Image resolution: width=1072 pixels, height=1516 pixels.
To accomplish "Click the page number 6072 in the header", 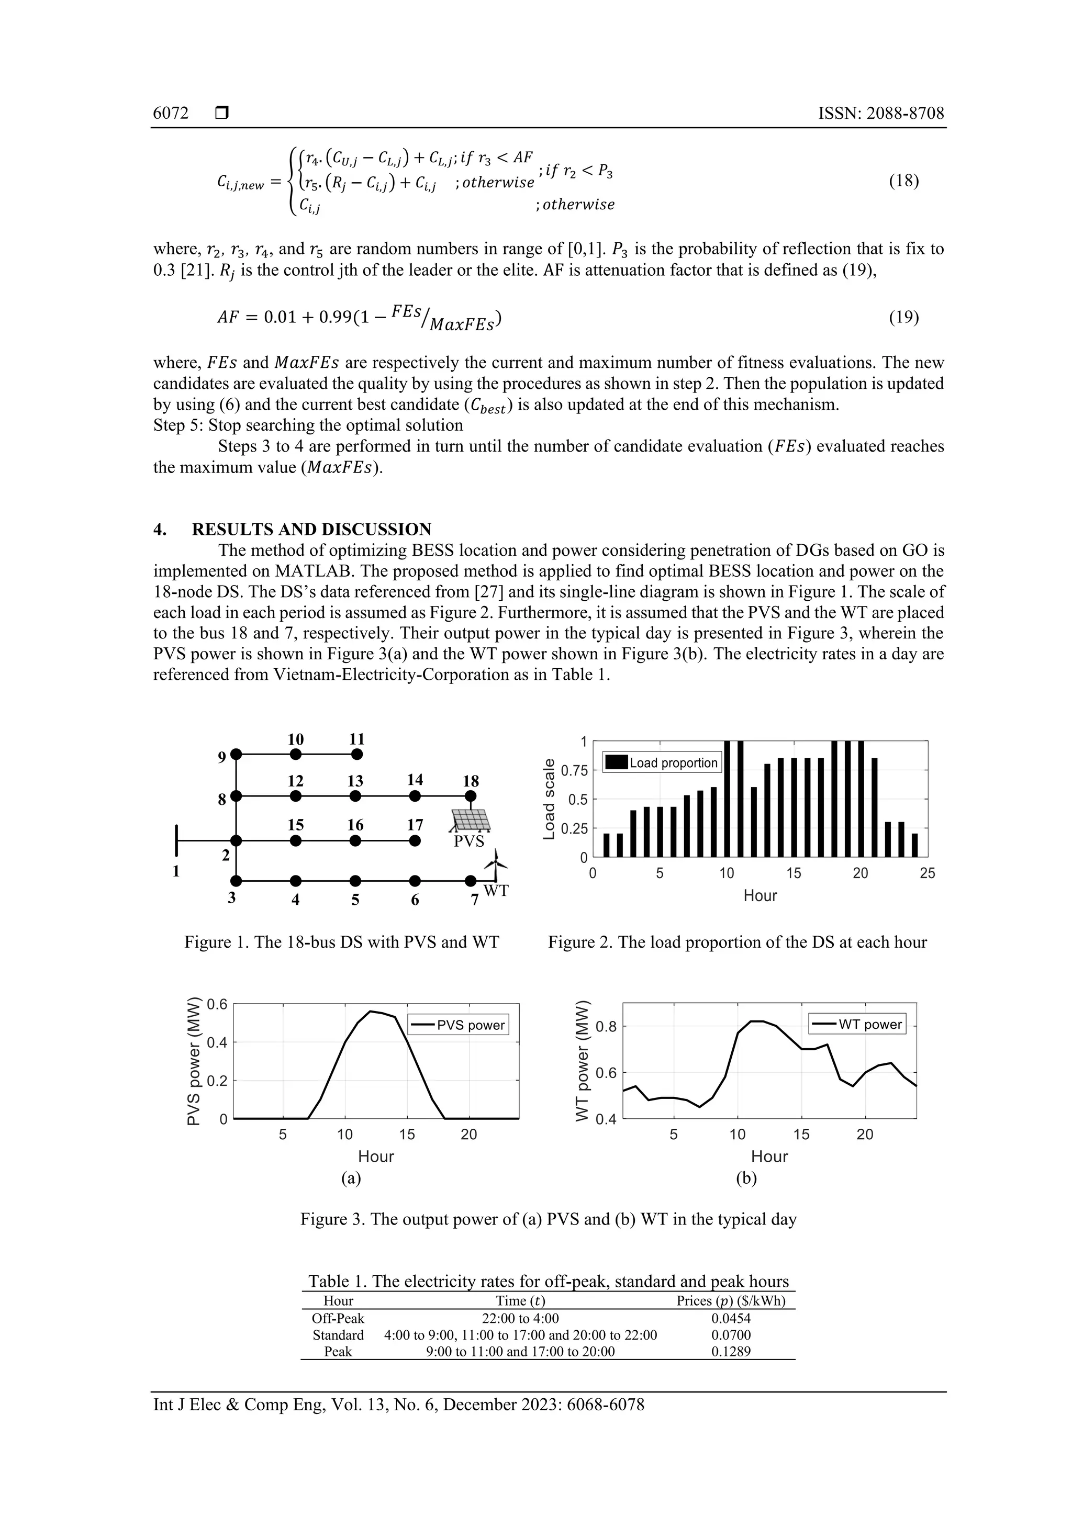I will (171, 113).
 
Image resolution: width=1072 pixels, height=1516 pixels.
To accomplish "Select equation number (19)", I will (903, 318).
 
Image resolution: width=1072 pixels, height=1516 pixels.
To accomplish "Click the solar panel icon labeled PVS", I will (471, 820).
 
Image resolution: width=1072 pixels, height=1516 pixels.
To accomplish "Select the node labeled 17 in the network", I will (415, 840).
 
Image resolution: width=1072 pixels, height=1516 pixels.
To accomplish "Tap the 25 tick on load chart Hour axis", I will (926, 873).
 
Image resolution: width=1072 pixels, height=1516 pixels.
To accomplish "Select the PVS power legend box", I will (459, 1026).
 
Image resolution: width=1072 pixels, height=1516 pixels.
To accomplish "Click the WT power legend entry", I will (857, 1025).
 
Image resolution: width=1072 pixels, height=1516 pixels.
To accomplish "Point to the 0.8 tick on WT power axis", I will (606, 1027).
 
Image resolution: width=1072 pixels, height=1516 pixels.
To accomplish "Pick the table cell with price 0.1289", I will (731, 1351).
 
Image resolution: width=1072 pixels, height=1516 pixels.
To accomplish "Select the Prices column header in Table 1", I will (731, 1301).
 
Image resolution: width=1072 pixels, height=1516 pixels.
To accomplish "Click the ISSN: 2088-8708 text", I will (880, 113).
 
